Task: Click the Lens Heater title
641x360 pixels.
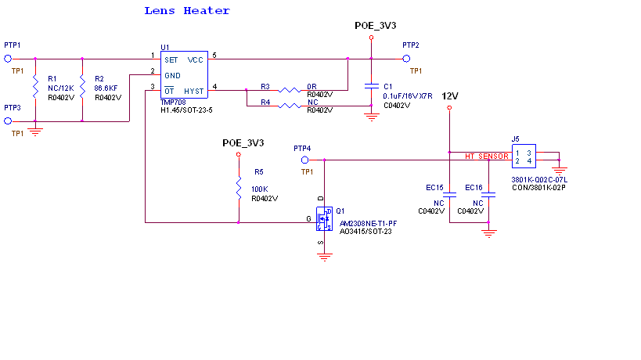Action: (x=187, y=11)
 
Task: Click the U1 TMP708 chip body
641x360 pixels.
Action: (x=184, y=74)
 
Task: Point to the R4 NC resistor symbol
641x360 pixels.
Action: (x=289, y=106)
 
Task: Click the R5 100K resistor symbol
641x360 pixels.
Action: (x=239, y=188)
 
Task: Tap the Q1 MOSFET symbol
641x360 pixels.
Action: (x=324, y=219)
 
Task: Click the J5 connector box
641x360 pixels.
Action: (x=524, y=157)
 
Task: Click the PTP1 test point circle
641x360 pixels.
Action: (x=8, y=58)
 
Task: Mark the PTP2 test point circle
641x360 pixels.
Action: (x=406, y=58)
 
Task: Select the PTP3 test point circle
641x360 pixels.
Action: (x=8, y=121)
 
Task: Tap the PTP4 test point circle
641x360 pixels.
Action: (x=305, y=160)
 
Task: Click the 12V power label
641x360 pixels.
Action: (x=450, y=96)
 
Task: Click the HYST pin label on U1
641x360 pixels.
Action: (x=194, y=91)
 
